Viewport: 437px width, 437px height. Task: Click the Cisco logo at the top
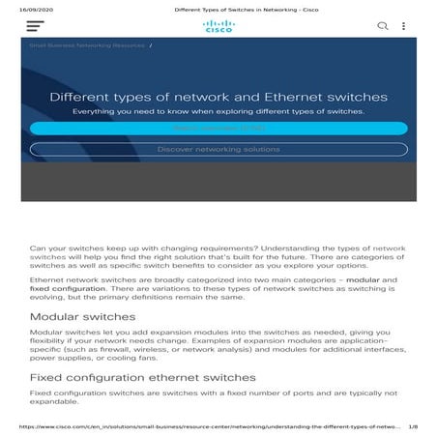(218, 26)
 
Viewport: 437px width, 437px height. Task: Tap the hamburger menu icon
(36, 26)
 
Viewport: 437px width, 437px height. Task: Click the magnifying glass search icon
(383, 26)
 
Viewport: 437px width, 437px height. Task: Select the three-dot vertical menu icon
(404, 26)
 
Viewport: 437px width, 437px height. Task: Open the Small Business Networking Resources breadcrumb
(87, 45)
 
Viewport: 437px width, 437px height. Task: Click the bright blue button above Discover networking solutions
(218, 128)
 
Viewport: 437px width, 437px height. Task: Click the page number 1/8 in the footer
(413, 425)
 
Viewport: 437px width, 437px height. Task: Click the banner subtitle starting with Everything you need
(218, 111)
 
